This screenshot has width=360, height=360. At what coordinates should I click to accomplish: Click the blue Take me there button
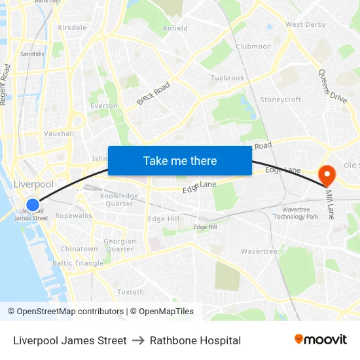tap(180, 160)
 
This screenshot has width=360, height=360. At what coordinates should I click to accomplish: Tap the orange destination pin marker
tap(326, 174)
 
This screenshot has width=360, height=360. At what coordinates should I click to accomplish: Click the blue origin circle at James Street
tap(32, 206)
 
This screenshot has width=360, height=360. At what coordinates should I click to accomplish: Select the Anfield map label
tap(175, 28)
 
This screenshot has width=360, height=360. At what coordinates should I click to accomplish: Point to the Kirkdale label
tap(72, 28)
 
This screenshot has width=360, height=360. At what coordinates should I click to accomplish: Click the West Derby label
tap(306, 25)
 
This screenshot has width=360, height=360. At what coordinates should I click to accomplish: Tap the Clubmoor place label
tap(253, 46)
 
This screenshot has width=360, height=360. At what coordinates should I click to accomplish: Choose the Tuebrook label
tap(227, 78)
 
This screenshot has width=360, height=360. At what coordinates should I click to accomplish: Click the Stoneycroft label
tap(281, 99)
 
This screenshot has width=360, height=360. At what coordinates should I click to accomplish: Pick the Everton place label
tap(103, 105)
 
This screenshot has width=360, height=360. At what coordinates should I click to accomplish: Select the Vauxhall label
tap(59, 134)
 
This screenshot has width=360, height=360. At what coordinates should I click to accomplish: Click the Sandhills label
tap(32, 54)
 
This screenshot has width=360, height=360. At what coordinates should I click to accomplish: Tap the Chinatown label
tap(79, 249)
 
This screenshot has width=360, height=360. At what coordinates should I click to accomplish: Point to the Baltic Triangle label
tap(78, 263)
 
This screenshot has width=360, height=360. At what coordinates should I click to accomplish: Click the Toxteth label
tap(130, 292)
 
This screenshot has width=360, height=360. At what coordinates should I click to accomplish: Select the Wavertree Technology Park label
tap(295, 213)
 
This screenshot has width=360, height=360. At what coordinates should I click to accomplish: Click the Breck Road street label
tap(153, 93)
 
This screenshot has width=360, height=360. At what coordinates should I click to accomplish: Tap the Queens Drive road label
tap(333, 86)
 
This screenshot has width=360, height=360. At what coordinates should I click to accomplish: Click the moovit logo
tap(320, 340)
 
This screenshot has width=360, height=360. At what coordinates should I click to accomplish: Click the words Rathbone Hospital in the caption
tap(195, 340)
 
